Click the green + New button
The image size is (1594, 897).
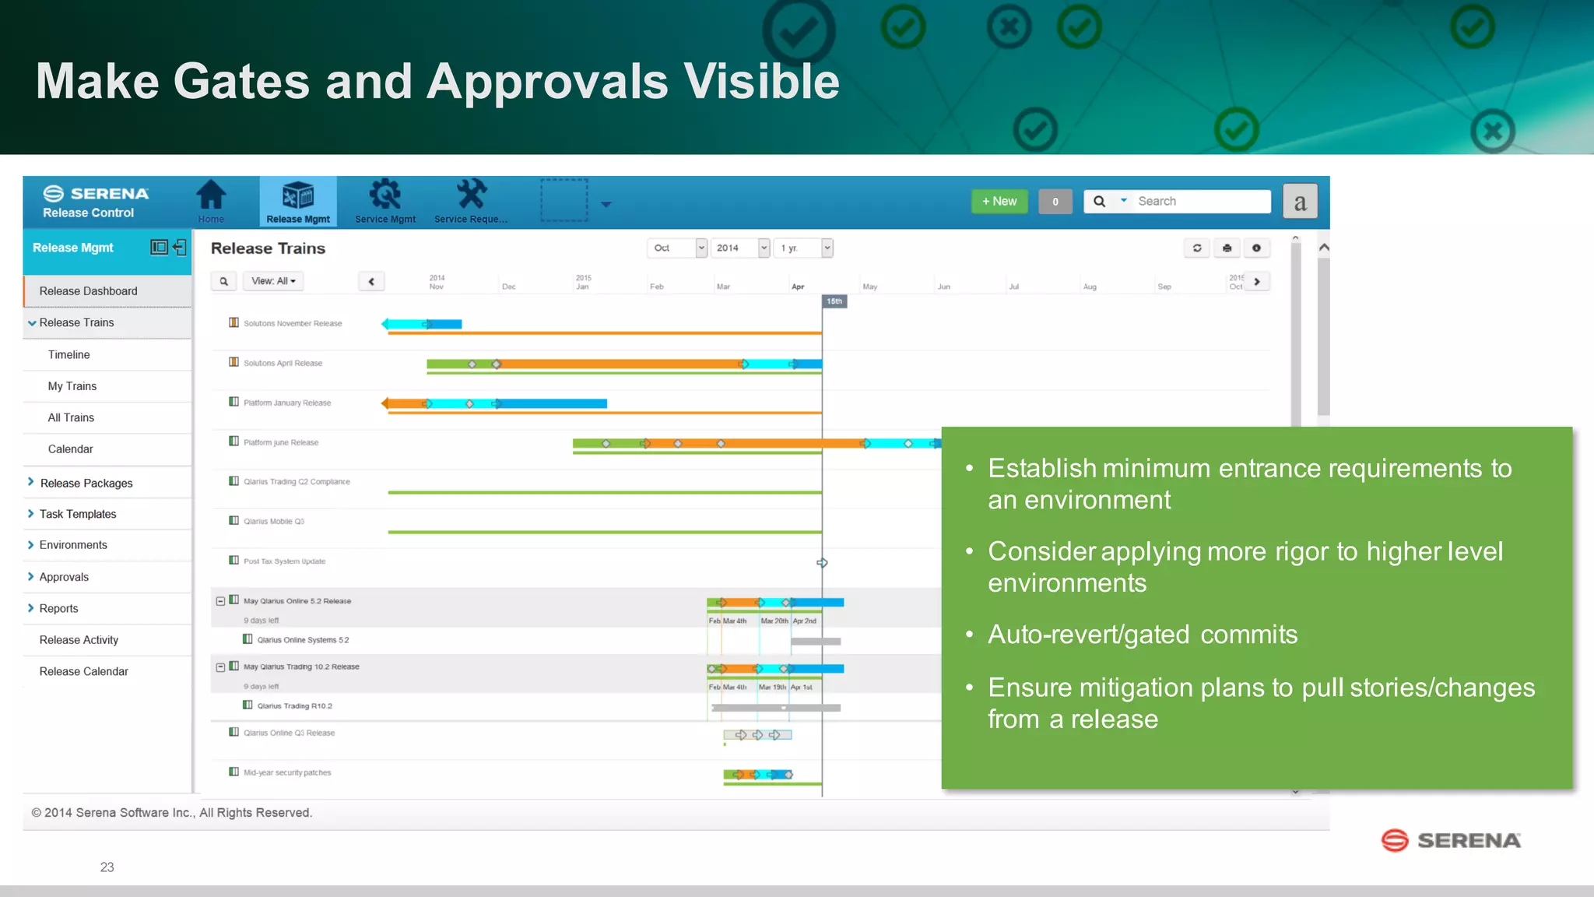999,201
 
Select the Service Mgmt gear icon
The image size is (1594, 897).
384,195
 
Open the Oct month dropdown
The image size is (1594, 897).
676,248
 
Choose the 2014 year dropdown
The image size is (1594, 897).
741,248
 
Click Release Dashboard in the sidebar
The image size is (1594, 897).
88,291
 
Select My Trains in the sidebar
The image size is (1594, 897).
72,386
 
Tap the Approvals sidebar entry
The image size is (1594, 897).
64,577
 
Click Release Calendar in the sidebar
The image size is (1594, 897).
83,671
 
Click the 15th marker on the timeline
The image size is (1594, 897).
834,301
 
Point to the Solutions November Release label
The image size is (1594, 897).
293,324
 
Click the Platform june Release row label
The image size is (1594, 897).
281,443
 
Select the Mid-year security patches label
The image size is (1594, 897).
287,773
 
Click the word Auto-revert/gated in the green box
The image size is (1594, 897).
1088,635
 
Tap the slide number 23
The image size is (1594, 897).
107,867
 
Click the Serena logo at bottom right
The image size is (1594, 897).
1451,840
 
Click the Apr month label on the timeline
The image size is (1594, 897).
797,287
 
